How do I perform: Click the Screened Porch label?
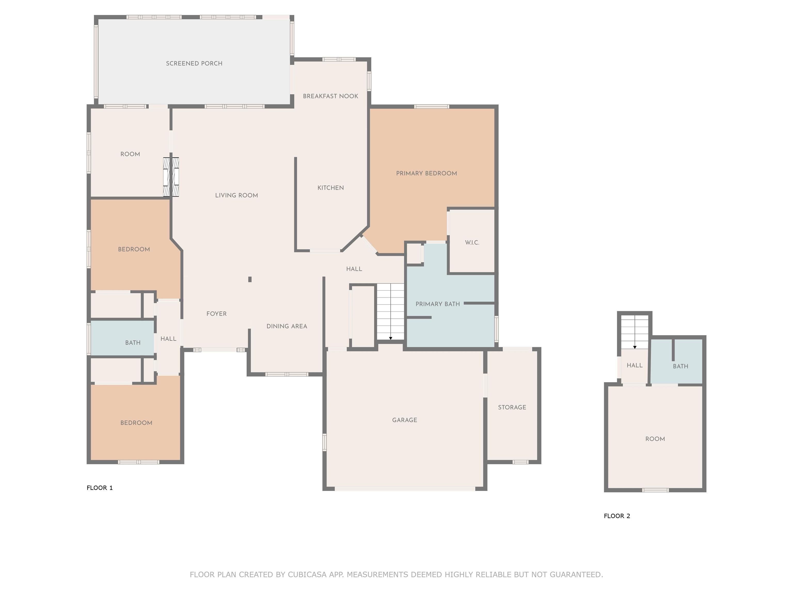click(194, 64)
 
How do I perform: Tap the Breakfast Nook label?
click(330, 96)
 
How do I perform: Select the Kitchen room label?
click(330, 188)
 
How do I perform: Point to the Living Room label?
click(237, 195)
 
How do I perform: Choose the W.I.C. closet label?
click(472, 243)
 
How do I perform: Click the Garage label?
click(405, 420)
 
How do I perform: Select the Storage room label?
click(512, 408)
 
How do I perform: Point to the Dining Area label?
click(287, 326)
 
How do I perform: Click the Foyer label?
click(217, 314)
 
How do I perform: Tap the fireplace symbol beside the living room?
click(171, 177)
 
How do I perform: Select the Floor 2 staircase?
click(635, 332)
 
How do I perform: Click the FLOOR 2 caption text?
click(617, 516)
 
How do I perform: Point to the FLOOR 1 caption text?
click(100, 488)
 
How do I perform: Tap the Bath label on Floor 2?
click(680, 366)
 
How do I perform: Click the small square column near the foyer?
click(250, 279)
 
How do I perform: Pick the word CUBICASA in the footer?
click(307, 575)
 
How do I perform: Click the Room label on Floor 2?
click(655, 439)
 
